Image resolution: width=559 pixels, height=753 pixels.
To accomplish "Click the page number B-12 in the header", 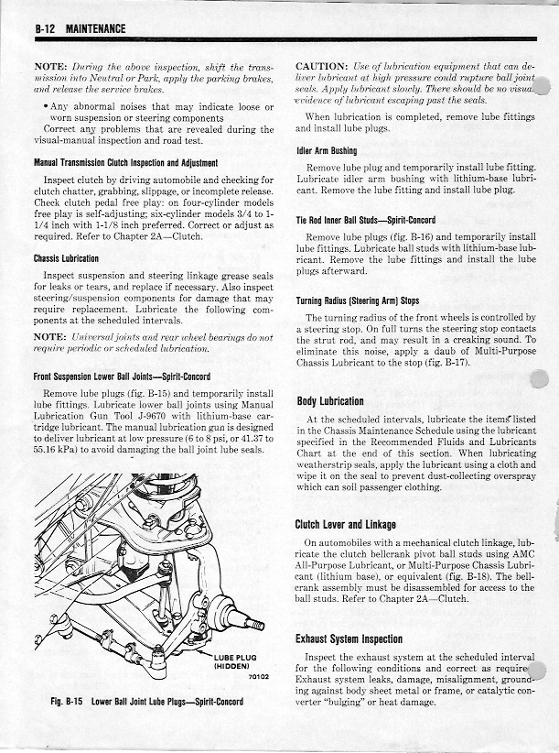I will point(45,28).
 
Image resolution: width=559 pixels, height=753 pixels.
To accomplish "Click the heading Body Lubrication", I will point(330,400).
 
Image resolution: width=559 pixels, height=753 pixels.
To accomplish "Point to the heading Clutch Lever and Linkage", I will point(346,524).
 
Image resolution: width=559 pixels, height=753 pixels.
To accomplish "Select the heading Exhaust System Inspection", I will point(349,638).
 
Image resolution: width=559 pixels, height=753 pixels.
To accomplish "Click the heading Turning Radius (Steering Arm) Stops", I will point(358,300).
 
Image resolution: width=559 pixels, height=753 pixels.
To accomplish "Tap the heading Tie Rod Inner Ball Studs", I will point(353,220).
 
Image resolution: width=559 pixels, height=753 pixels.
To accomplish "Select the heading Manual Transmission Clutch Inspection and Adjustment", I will point(125,162).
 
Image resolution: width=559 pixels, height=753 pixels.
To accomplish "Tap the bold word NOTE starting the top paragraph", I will point(54,67).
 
